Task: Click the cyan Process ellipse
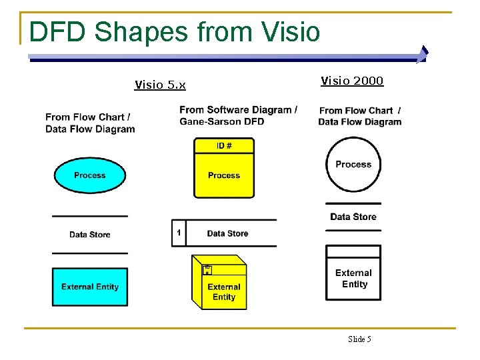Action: [89, 175]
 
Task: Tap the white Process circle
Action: [353, 164]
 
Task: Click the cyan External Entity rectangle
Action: [90, 287]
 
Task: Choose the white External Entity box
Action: [353, 277]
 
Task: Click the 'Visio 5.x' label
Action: [160, 85]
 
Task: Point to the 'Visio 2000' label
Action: [352, 81]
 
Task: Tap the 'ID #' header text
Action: [225, 145]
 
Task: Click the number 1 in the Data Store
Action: [179, 233]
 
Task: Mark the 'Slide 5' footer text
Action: [359, 339]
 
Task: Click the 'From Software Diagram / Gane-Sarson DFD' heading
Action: [238, 115]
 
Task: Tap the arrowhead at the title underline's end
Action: [422, 53]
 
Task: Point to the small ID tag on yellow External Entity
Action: [207, 269]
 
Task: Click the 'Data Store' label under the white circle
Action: [353, 217]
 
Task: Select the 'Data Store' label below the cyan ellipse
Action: [90, 235]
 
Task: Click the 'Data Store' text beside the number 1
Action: [227, 233]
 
